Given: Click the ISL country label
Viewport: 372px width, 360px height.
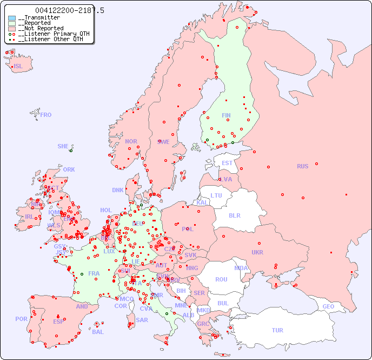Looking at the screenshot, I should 18,67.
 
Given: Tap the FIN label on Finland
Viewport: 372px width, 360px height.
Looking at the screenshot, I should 226,115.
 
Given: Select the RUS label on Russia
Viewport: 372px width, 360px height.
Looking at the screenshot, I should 302,166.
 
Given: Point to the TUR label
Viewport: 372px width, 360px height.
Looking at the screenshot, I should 277,330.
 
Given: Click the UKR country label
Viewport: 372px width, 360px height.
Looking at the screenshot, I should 257,252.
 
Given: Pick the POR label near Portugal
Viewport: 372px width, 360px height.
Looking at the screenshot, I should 21,319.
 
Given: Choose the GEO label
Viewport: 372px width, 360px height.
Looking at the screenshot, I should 328,306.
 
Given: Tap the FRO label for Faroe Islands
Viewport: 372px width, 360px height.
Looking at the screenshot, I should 46,115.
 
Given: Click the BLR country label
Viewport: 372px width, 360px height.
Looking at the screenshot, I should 234,215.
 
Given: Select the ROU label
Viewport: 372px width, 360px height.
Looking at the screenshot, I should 221,279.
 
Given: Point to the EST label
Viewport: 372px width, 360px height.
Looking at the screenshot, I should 227,163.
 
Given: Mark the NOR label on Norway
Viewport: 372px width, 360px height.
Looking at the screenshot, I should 131,141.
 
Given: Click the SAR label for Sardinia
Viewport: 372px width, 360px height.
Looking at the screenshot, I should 142,319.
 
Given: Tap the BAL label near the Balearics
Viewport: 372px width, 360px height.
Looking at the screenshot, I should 98,332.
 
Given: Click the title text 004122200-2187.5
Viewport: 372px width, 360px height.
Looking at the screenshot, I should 70,10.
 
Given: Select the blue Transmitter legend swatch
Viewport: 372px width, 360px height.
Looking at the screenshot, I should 12,18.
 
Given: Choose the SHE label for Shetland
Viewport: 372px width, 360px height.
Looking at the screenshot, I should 63,146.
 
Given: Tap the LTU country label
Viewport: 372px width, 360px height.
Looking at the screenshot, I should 216,195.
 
